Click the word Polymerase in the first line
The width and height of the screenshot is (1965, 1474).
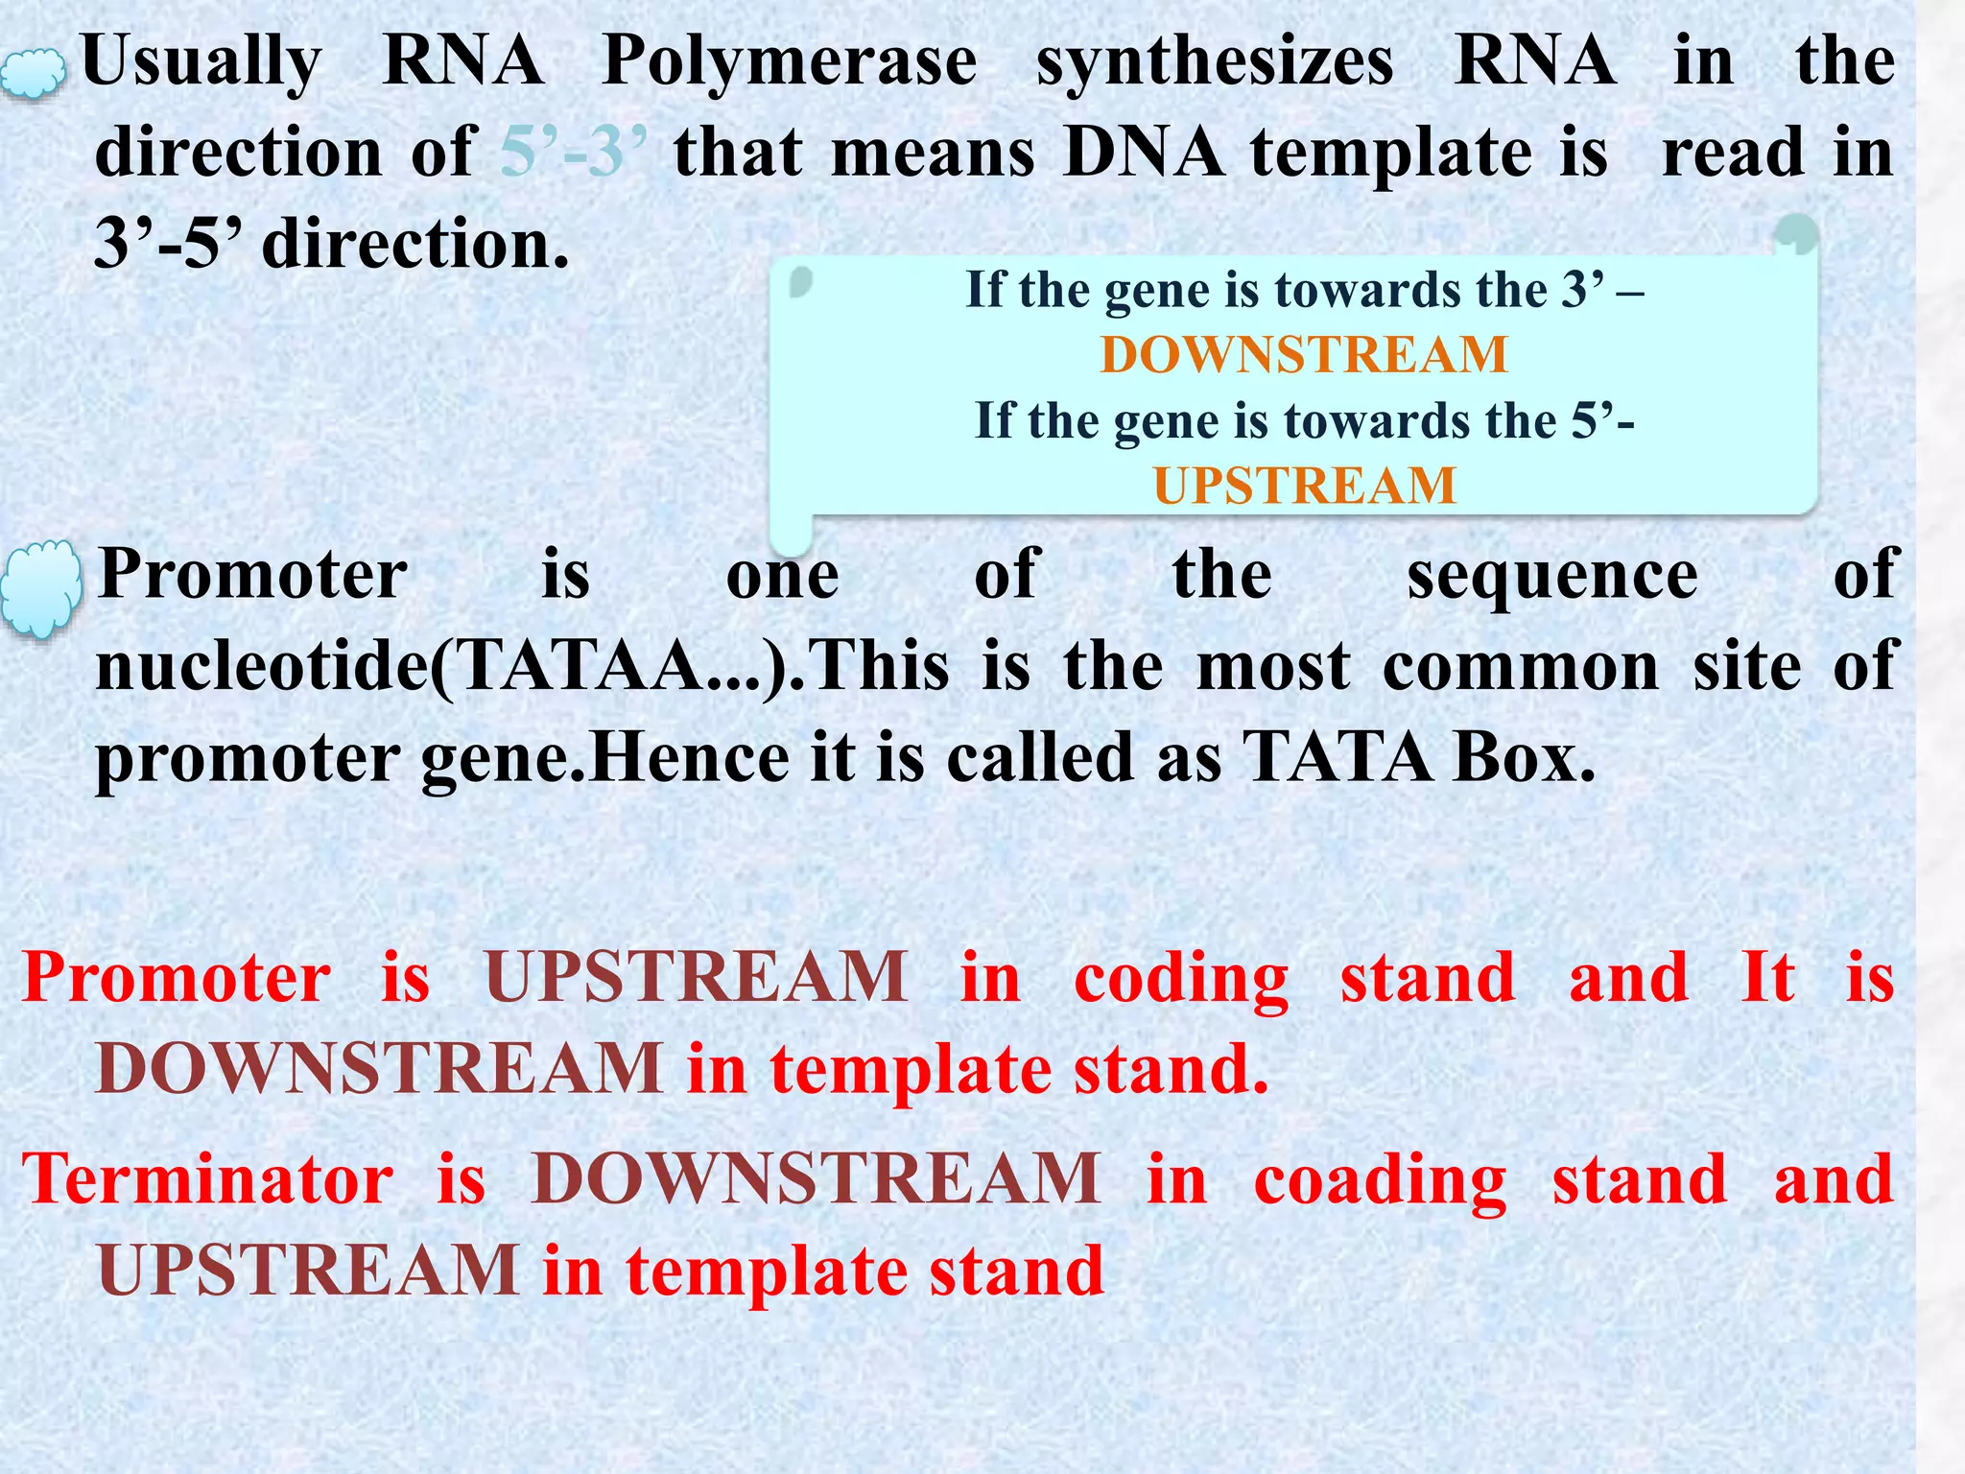coord(789,62)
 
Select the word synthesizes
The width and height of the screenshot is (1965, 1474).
coord(1215,62)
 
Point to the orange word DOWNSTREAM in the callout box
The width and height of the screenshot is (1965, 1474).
coord(1304,355)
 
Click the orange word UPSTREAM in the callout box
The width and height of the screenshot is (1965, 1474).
coord(1304,486)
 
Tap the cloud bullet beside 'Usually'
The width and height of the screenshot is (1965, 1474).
coord(33,75)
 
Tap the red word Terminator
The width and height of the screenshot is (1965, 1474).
coord(207,1179)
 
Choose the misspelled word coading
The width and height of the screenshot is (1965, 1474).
coord(1380,1179)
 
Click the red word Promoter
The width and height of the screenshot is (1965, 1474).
coord(177,978)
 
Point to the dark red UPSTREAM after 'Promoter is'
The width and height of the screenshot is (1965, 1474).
coord(697,978)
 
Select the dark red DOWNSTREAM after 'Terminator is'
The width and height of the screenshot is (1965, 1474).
coord(816,1179)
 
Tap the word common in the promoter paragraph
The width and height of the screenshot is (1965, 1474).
coord(1520,666)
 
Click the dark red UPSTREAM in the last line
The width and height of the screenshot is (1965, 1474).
coord(308,1271)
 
